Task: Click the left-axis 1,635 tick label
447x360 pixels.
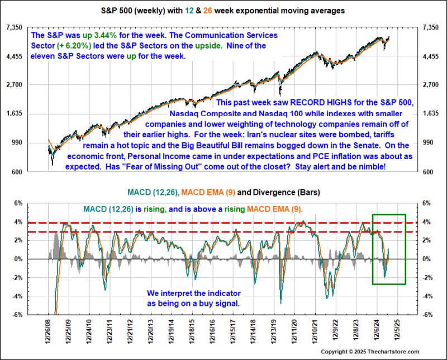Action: click(13, 114)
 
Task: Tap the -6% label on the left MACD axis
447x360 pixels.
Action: click(17, 315)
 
